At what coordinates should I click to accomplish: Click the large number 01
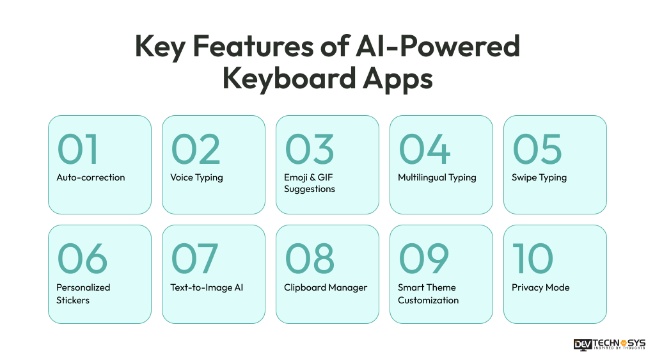click(x=78, y=148)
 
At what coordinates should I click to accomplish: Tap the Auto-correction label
click(x=91, y=177)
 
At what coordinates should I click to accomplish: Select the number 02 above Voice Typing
click(x=195, y=148)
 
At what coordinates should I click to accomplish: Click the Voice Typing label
click(x=196, y=177)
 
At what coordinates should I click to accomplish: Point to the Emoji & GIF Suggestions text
click(x=310, y=183)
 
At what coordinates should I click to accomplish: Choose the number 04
click(x=424, y=148)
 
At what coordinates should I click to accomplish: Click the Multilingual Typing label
click(x=437, y=177)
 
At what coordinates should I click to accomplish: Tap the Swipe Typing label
click(x=539, y=177)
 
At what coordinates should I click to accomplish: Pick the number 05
click(x=537, y=148)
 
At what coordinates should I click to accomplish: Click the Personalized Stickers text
click(x=83, y=293)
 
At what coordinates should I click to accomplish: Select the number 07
click(x=194, y=259)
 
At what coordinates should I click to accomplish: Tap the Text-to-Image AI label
click(x=207, y=287)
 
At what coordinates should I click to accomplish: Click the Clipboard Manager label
click(x=326, y=287)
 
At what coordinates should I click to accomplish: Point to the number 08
click(x=309, y=259)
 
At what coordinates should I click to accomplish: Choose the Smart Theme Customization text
click(x=428, y=293)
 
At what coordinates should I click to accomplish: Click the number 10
click(x=532, y=259)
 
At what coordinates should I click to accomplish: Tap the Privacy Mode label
click(x=541, y=287)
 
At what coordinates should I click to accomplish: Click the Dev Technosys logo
click(x=610, y=344)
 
